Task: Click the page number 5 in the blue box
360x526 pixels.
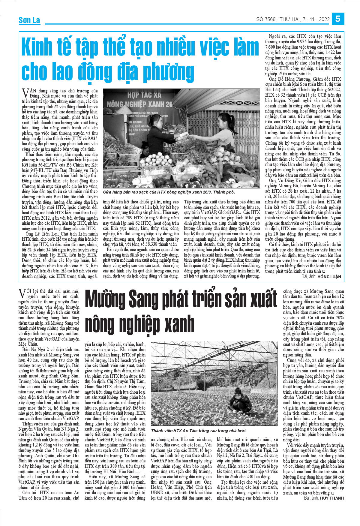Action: tap(338, 19)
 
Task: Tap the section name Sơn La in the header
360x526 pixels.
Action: tap(29, 20)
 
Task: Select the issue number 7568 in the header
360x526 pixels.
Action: tap(270, 20)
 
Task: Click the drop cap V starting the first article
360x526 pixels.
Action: tap(25, 92)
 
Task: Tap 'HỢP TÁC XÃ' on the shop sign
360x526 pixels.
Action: tap(144, 95)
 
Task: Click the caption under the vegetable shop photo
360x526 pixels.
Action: tap(169, 192)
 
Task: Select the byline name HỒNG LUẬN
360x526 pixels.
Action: tap(329, 277)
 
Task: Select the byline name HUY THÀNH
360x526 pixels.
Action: tap(331, 498)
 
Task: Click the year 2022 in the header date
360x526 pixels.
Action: tap(324, 20)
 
